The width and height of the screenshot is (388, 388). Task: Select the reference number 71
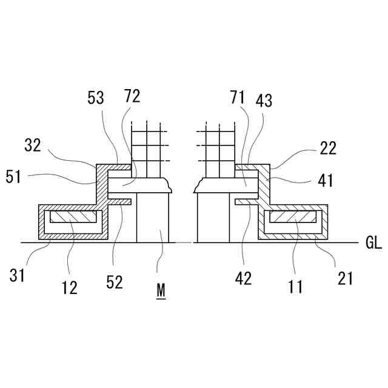click(237, 97)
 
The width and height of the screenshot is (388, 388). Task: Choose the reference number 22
click(327, 148)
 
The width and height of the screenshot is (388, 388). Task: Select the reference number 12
click(70, 287)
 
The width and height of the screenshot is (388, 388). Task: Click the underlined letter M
click(161, 290)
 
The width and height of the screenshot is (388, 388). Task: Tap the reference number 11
click(296, 287)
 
